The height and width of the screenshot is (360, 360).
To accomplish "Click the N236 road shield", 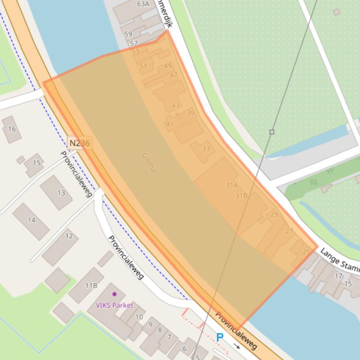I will (x=80, y=143).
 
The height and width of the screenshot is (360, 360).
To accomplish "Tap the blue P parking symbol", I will (x=220, y=337).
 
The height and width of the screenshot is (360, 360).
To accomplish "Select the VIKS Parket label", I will (x=114, y=305).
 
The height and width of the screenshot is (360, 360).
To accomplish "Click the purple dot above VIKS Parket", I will (x=114, y=294).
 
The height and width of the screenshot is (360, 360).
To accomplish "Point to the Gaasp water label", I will (x=149, y=163).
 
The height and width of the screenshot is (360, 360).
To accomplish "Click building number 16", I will (x=12, y=129).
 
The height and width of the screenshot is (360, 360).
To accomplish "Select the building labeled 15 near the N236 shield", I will (x=37, y=163).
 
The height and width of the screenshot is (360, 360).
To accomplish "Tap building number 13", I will (x=61, y=193).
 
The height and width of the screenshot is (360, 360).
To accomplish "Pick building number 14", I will (x=31, y=220).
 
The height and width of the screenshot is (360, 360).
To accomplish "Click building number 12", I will (x=69, y=236).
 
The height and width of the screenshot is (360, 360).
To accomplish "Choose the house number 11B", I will (x=91, y=285).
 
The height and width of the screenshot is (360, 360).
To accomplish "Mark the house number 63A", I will (x=143, y=4).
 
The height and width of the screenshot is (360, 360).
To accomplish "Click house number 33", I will (x=206, y=149).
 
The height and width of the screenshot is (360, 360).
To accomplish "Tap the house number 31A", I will (x=231, y=185).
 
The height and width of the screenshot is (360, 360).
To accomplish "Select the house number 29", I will (x=274, y=215).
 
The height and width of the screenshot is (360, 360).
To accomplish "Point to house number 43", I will (x=176, y=105).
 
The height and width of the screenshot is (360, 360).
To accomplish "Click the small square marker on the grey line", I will (x=272, y=132).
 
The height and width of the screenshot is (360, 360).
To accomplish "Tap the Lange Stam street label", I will (x=340, y=260).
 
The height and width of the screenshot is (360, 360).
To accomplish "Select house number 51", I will (x=143, y=66).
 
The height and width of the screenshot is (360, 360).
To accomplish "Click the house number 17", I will (x=338, y=276).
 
